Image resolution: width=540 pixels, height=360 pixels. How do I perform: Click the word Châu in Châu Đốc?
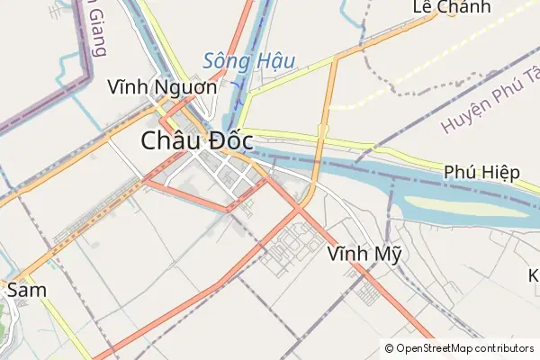pyautogui.click(x=170, y=142)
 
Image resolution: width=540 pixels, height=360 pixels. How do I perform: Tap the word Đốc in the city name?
pyautogui.click(x=228, y=142)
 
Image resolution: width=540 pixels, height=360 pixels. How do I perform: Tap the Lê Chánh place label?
pyautogui.click(x=452, y=7)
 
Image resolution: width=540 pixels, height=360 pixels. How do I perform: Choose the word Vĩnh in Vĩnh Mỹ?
pyautogui.click(x=349, y=254)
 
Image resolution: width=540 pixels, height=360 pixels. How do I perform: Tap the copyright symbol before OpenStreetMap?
pyautogui.click(x=389, y=348)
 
